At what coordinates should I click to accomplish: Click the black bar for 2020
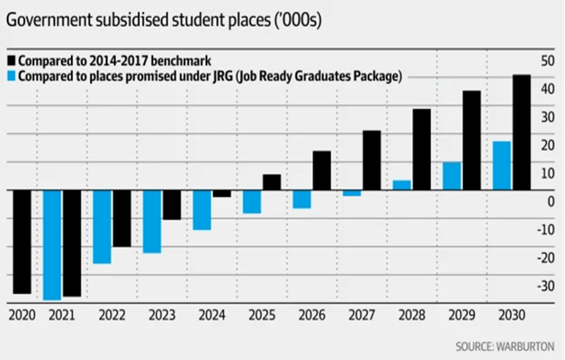(x=22, y=242)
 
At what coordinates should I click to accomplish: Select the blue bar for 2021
(x=52, y=245)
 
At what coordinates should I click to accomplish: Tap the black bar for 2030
(x=521, y=133)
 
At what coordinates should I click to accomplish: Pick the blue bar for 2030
(x=502, y=166)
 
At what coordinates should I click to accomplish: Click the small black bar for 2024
(x=222, y=193)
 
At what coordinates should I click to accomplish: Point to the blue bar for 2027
(x=352, y=193)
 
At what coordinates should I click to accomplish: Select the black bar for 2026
(x=322, y=171)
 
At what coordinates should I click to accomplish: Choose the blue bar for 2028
(x=402, y=185)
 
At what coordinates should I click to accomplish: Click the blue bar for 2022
(x=102, y=226)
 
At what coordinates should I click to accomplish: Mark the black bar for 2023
(x=172, y=205)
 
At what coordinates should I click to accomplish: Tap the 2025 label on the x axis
(x=262, y=316)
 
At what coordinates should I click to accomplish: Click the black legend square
(x=12, y=60)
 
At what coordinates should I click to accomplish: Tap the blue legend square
(x=12, y=76)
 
